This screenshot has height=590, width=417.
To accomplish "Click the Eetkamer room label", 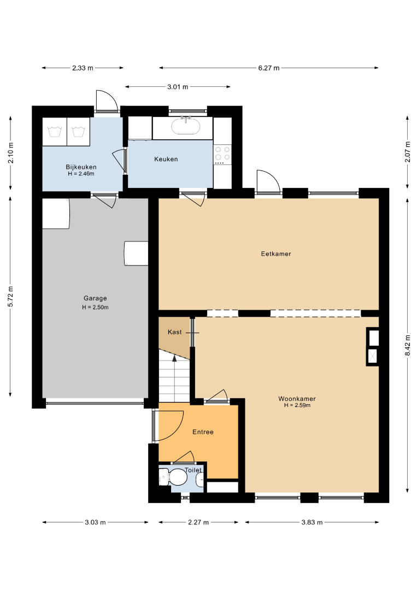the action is [x=276, y=253].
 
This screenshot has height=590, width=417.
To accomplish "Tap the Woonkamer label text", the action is [x=297, y=398].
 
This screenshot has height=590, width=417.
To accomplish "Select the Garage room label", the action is [x=95, y=298].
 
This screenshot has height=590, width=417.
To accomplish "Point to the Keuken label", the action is [x=166, y=159].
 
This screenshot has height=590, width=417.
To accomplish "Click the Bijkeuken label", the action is [x=81, y=167].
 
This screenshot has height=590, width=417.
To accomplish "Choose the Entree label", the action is [x=203, y=432].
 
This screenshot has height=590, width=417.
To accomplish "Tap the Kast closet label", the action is [x=175, y=332].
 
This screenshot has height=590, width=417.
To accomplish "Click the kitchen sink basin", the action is [x=185, y=126].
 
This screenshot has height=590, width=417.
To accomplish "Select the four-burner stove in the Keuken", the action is [x=222, y=155].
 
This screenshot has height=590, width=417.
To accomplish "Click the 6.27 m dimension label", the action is [x=269, y=68].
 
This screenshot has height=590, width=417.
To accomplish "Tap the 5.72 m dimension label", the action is [x=10, y=297].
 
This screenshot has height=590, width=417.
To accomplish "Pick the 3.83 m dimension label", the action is [x=312, y=522].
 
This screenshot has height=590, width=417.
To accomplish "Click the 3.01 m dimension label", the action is [x=178, y=87].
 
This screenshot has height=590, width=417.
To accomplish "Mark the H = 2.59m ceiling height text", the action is [x=297, y=405].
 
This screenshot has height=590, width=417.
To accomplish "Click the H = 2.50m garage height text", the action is [x=95, y=307].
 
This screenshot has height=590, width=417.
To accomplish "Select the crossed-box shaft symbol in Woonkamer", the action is [x=373, y=356].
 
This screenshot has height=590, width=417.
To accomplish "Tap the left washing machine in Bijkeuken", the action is [x=55, y=132].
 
